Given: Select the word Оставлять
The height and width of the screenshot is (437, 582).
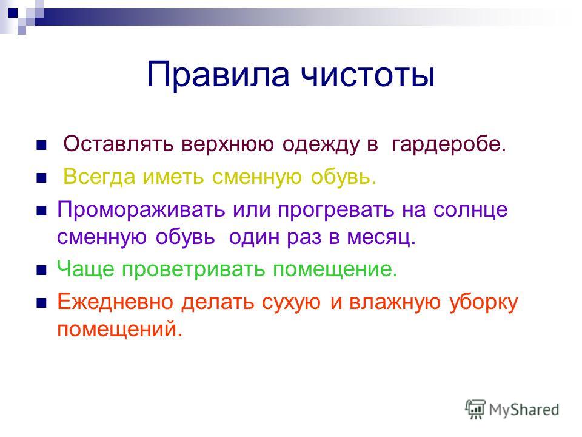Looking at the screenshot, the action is (118, 144).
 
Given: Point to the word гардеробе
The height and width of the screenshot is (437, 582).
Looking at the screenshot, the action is (449, 145).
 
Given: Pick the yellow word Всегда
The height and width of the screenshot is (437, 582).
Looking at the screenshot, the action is (99, 177).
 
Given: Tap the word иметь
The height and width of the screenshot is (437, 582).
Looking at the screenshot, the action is (173, 177).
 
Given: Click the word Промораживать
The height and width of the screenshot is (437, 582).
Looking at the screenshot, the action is (141, 210).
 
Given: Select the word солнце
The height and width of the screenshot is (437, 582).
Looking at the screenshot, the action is (470, 211).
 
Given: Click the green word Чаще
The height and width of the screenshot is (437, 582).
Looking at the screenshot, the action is (85, 269).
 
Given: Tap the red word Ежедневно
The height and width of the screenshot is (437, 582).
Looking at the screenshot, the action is (115, 302).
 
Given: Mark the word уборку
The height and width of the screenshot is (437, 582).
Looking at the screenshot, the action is (484, 303).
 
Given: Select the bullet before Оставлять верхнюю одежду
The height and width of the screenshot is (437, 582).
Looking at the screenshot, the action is (42, 145).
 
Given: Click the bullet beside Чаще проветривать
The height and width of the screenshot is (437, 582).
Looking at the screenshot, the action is (42, 270).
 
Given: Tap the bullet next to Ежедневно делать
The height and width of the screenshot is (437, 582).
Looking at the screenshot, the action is (42, 303).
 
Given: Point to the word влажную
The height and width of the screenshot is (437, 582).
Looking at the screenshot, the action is (395, 303).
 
